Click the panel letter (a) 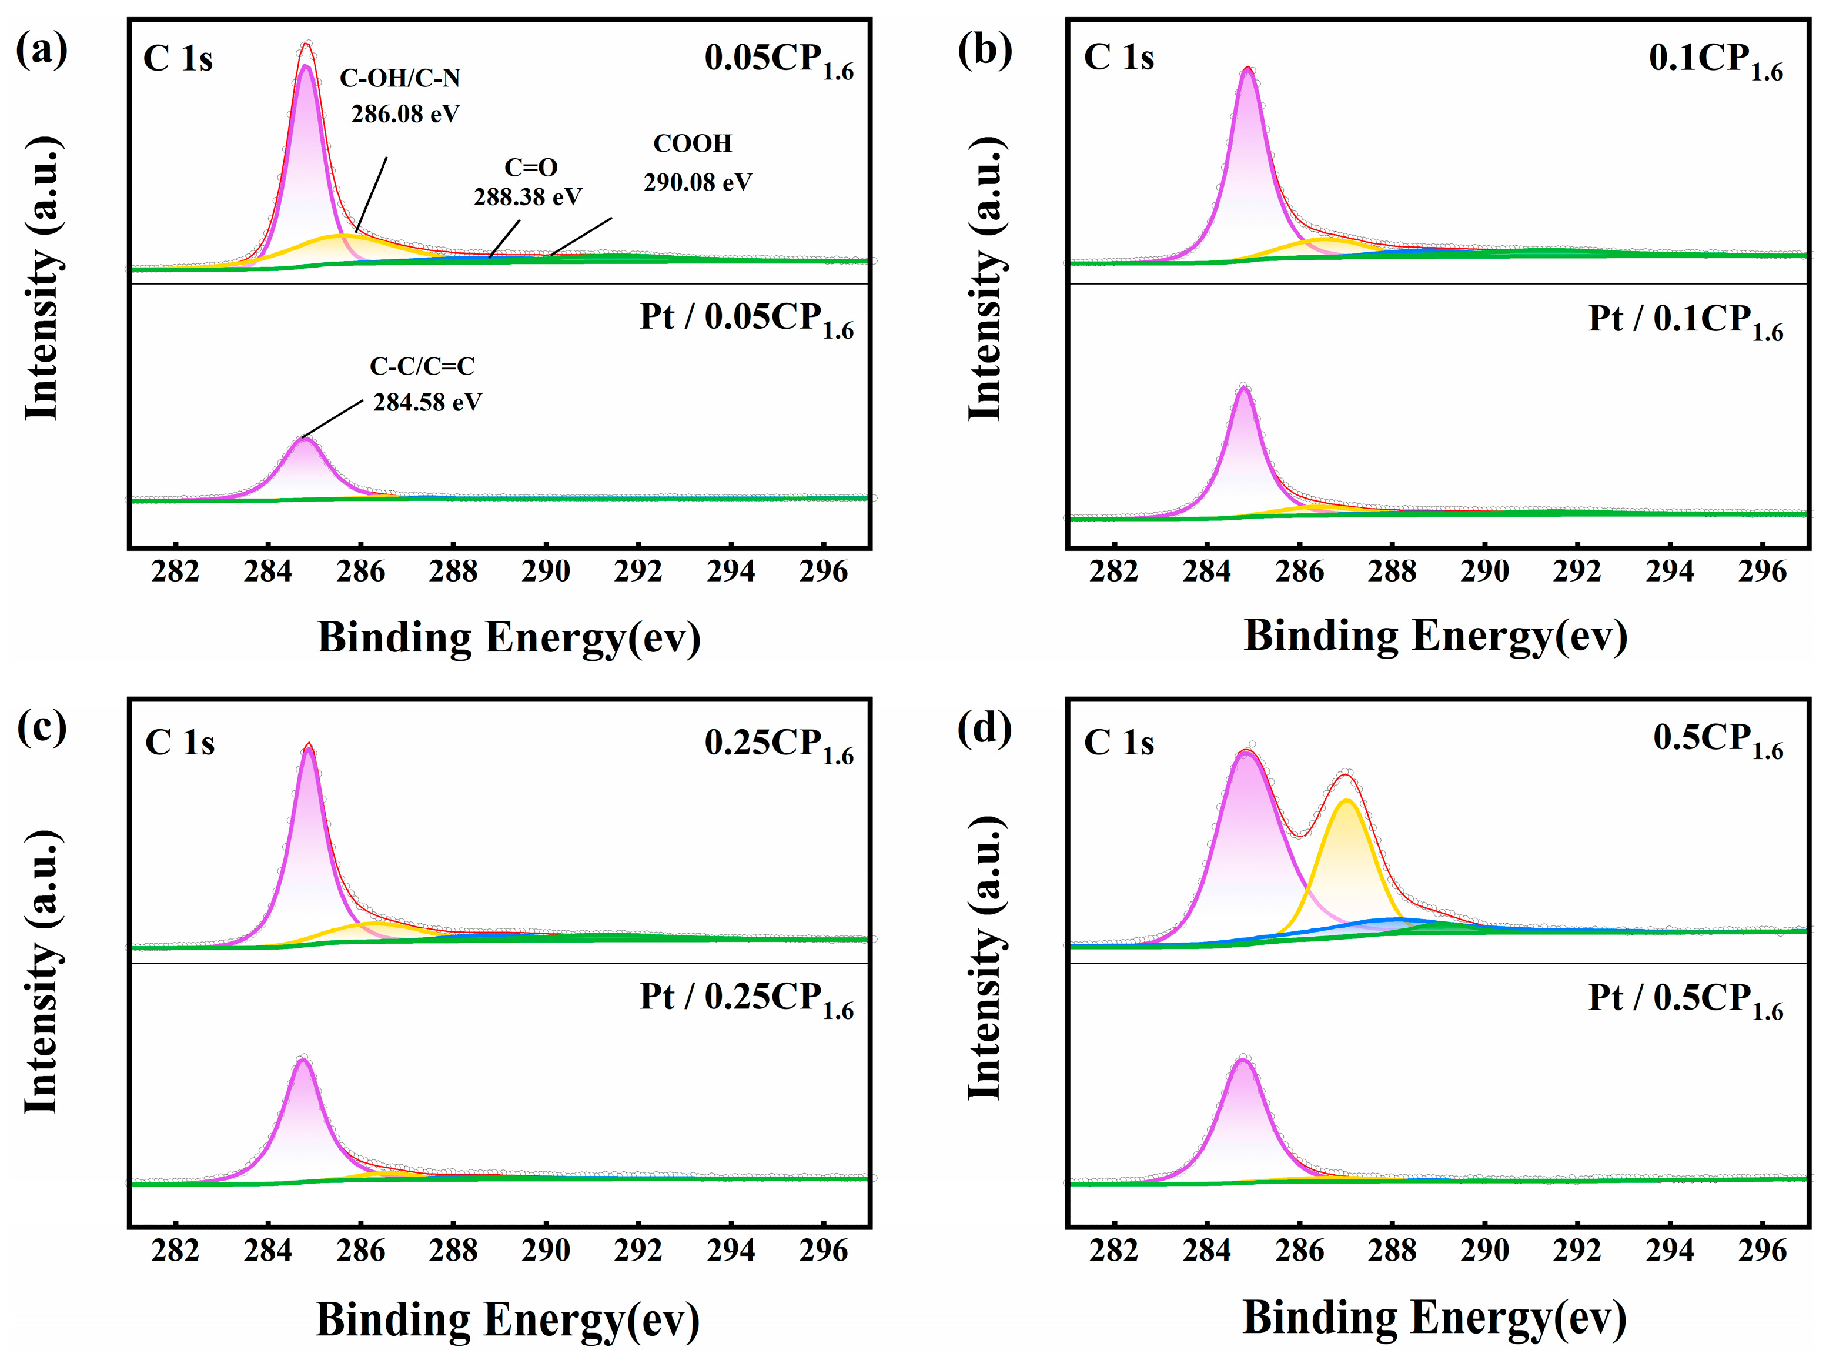tap(41, 49)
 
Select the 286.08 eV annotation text tap(405, 113)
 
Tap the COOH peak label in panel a tap(692, 143)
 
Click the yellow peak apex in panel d tap(1346, 800)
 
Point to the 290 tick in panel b tap(1484, 572)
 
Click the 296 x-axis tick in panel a tap(823, 572)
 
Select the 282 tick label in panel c tap(175, 1251)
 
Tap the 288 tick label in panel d tap(1392, 1251)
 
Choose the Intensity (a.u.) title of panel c tap(41, 971)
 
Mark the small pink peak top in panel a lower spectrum tap(304, 440)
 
